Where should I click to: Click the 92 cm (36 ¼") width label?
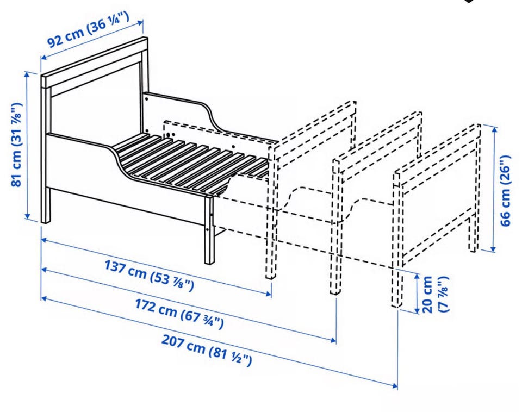tap(88, 29)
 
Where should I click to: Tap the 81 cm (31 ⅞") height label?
tap(17, 145)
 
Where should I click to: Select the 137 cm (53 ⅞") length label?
tap(149, 275)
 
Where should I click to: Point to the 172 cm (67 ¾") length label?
tap(179, 313)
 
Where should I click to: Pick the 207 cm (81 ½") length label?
tap(207, 349)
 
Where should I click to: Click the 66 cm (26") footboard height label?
tap(505, 190)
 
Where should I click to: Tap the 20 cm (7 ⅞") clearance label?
tap(435, 294)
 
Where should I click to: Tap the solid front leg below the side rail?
tap(209, 229)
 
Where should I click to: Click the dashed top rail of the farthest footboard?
tap(437, 151)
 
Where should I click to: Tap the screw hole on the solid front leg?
tap(207, 229)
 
